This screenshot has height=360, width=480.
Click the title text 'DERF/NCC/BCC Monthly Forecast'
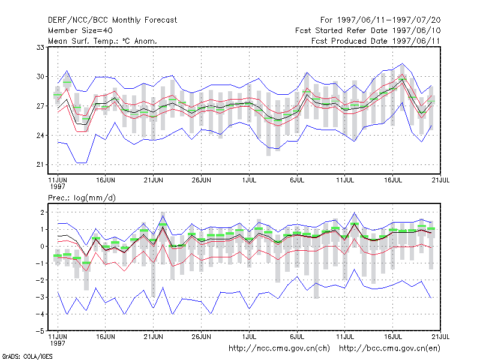coord(112,20)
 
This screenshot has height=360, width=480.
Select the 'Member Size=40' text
coord(80,31)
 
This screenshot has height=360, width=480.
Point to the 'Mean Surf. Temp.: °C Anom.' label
coord(103,41)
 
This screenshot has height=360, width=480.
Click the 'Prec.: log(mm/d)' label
coord(82,198)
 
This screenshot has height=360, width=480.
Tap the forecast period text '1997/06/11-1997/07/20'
coord(389,20)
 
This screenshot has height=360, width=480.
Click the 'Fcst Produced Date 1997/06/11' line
coord(376,41)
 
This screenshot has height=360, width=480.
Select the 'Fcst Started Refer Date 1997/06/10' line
coord(368,31)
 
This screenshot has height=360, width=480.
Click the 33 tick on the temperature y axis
coord(40,47)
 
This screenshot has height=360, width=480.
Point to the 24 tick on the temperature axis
coord(40,136)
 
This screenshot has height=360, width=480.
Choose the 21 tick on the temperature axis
coord(40,164)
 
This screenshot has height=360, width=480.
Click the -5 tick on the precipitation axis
coord(40,331)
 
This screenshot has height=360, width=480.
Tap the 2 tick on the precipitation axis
coord(42,212)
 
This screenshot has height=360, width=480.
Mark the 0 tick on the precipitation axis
coord(42,247)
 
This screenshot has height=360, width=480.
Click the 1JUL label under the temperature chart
coord(249,181)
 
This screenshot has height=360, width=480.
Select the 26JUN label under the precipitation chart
coord(201,337)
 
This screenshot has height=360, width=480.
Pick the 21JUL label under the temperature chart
coord(440,181)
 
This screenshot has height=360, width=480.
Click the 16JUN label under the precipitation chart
coord(106,337)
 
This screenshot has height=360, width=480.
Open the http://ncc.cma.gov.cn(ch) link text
coord(279,349)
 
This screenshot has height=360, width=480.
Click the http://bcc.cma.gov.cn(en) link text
coord(389,349)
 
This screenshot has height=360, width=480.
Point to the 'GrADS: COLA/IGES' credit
coord(27,356)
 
